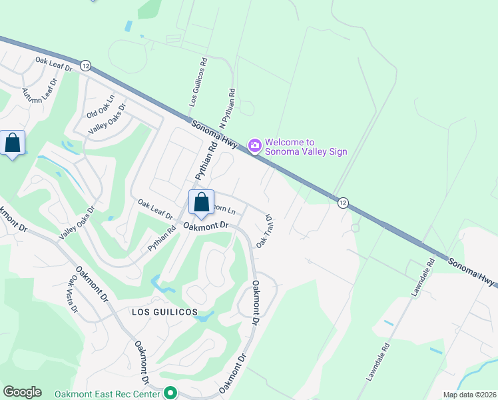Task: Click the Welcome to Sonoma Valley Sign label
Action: tap(306, 147)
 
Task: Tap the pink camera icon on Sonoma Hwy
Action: tap(254, 145)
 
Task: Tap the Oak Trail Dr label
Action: tap(265, 233)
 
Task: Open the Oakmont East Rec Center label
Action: tap(108, 394)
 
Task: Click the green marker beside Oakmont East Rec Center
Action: tap(171, 394)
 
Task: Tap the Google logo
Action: tap(22, 392)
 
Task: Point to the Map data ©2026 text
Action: tap(469, 395)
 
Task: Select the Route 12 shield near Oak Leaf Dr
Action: tap(85, 65)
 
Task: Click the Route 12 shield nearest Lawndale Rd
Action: tap(343, 203)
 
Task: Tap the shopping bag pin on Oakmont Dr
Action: tap(201, 202)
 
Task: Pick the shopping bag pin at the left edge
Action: tap(13, 143)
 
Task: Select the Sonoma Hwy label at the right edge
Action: tap(471, 271)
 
